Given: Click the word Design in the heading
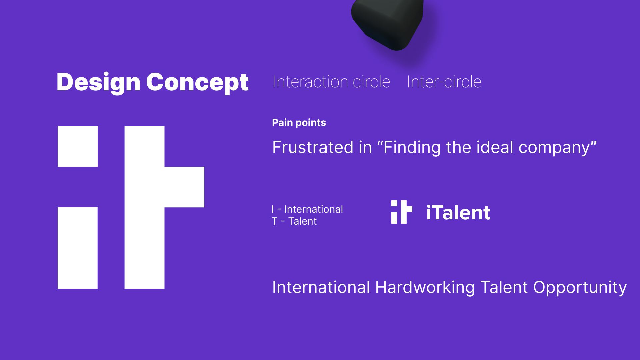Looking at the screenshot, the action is (98, 82).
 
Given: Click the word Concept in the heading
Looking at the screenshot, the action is (197, 82).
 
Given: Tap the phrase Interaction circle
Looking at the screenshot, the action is (331, 82).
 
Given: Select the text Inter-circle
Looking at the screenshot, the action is (444, 82).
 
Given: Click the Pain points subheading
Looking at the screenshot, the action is (299, 123).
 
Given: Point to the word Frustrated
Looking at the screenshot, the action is (313, 147).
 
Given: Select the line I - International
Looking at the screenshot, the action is (307, 209).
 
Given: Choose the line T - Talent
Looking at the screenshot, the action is (294, 221).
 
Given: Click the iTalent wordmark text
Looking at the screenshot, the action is (458, 212).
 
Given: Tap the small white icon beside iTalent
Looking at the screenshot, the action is (402, 212).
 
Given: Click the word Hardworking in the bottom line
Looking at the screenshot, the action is (425, 287).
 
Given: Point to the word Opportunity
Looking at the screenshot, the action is (580, 287).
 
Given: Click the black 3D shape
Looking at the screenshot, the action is (388, 23).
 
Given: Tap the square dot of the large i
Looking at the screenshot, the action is (78, 146).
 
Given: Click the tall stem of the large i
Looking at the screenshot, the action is (78, 248).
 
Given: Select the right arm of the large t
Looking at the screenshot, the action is (184, 187).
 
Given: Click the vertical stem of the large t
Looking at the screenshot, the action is (144, 207).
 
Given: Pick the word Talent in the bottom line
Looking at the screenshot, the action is (504, 287).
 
